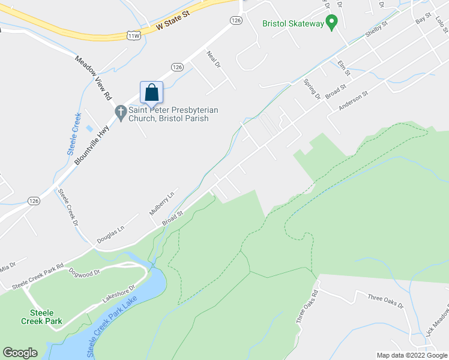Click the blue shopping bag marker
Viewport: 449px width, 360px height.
point(151,92)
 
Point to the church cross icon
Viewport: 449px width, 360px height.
point(120,112)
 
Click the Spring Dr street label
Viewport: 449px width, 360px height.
point(312,89)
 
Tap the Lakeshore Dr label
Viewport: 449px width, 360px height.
point(116,294)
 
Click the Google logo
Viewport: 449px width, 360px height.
point(20,353)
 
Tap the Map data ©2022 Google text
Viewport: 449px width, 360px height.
point(412,355)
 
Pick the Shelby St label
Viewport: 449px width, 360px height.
point(376,31)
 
